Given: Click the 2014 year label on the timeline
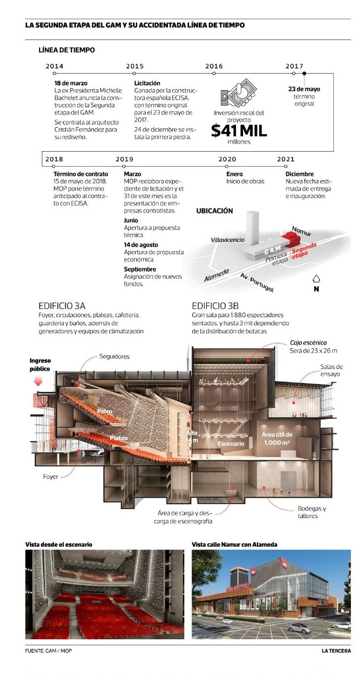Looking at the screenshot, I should pos(54,66).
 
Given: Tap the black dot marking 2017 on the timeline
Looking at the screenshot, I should pos(304,73).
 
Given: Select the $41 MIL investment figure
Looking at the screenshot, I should pos(238,131).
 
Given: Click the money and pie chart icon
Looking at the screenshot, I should pos(238,95).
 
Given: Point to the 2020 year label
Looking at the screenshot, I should pos(227,159).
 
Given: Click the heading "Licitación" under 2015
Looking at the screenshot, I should pos(147,83).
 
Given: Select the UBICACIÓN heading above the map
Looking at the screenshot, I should pos(215,211).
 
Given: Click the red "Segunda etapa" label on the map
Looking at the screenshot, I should pos(303,248).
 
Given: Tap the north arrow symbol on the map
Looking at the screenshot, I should pos(316,279).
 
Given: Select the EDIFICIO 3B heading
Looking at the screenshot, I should pos(215,306).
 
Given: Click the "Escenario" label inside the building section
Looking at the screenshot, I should pos(231,444).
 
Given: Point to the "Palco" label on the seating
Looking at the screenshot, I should pos(105,411).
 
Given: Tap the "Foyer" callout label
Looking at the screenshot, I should pos(51,476).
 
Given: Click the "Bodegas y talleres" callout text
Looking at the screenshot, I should pos(312,512).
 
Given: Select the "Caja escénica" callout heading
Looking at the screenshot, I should pos(308,342).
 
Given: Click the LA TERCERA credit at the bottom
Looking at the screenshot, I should pos(336,651).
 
